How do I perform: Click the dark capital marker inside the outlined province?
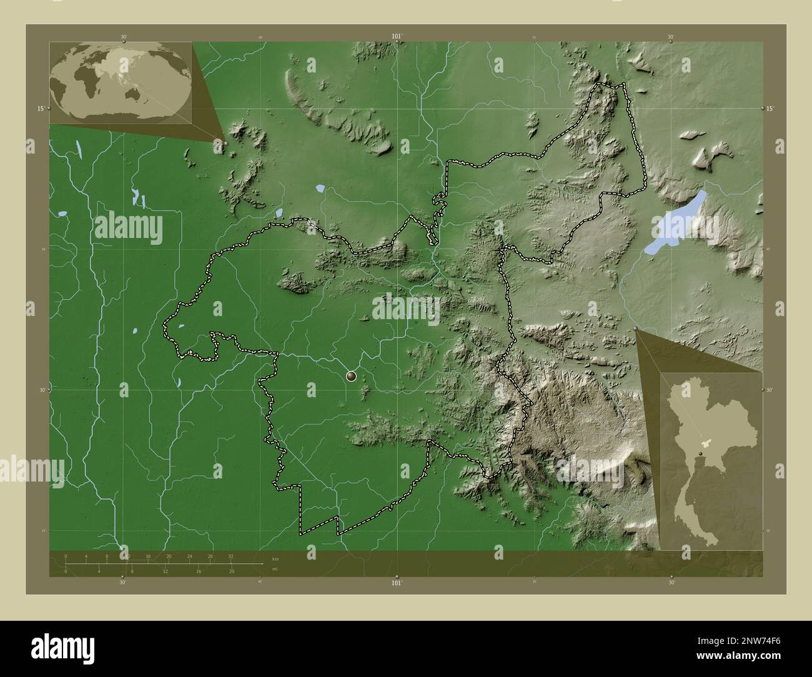tap(351, 376)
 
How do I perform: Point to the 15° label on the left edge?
tap(40, 109)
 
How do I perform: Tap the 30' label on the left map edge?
tap(41, 390)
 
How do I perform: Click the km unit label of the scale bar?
tap(275, 558)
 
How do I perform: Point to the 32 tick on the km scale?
tap(230, 556)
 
